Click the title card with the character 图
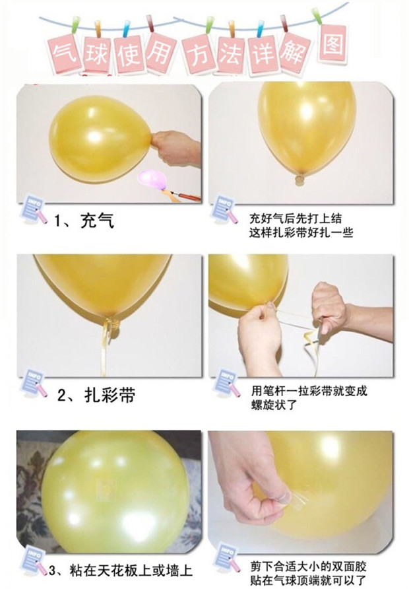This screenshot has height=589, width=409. [x=332, y=44]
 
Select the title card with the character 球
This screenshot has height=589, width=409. [x=97, y=55]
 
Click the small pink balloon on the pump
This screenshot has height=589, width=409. [x=152, y=179]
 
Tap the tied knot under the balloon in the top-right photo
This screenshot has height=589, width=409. [x=300, y=180]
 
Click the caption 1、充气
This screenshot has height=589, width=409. [x=84, y=220]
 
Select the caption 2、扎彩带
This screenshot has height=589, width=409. [x=96, y=395]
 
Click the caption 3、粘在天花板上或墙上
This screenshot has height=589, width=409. [x=121, y=571]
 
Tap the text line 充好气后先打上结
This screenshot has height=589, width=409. [x=296, y=219]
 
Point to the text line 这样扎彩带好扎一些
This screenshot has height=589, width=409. [x=301, y=232]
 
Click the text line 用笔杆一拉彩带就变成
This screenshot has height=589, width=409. [x=309, y=391]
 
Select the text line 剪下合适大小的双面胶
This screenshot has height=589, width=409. [x=308, y=566]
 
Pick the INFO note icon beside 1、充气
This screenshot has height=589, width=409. [x=34, y=209]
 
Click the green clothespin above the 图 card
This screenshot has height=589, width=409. [x=317, y=16]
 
